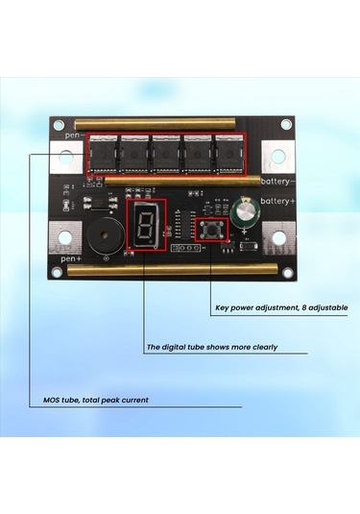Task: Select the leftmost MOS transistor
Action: tap(101, 154)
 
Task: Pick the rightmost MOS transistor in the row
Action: tap(229, 154)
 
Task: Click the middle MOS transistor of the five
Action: tap(165, 154)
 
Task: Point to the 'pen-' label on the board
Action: tap(72, 136)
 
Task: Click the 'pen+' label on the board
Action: tap(71, 258)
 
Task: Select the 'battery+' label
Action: tap(277, 200)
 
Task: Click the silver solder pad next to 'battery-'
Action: tap(279, 156)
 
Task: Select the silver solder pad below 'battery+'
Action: tap(278, 235)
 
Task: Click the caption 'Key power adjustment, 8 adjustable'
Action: tap(279, 308)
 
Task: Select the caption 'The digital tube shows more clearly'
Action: tap(212, 347)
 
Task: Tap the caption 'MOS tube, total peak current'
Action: tap(96, 399)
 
